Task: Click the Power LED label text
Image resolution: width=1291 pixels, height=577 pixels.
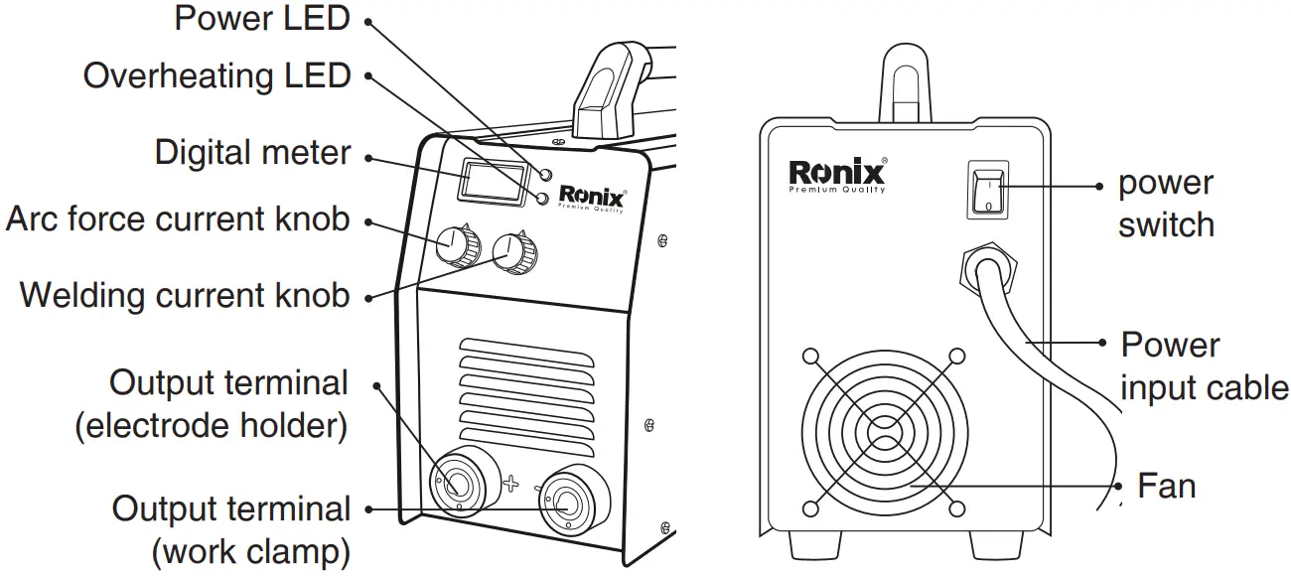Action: point(262,19)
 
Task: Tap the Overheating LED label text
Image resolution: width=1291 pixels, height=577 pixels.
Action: point(216,76)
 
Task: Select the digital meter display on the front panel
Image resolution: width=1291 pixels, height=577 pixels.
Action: point(493,185)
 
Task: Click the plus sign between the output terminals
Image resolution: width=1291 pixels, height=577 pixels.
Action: point(510,484)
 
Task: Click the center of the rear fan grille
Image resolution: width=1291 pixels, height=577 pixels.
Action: point(884,433)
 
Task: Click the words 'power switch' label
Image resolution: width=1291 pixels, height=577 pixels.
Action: point(1166,204)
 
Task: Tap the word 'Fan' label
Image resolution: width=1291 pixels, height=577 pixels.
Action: point(1166,487)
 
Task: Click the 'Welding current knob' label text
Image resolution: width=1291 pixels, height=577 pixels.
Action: point(185,296)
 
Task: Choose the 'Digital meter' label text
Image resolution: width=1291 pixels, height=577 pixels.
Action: point(252,154)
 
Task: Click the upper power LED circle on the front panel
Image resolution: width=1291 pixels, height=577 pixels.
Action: point(544,175)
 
